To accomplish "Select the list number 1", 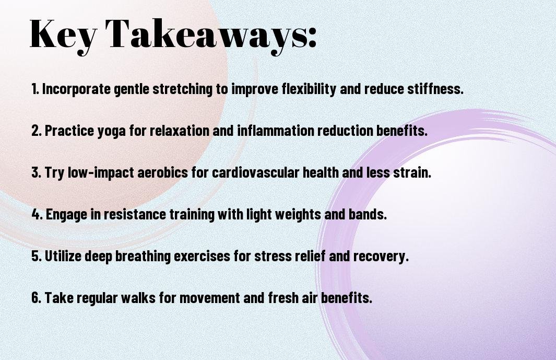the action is [35, 89].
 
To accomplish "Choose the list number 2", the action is [36, 131].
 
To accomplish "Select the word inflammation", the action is [276, 131].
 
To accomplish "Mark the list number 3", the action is [36, 172].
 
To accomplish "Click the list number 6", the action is [36, 297].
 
